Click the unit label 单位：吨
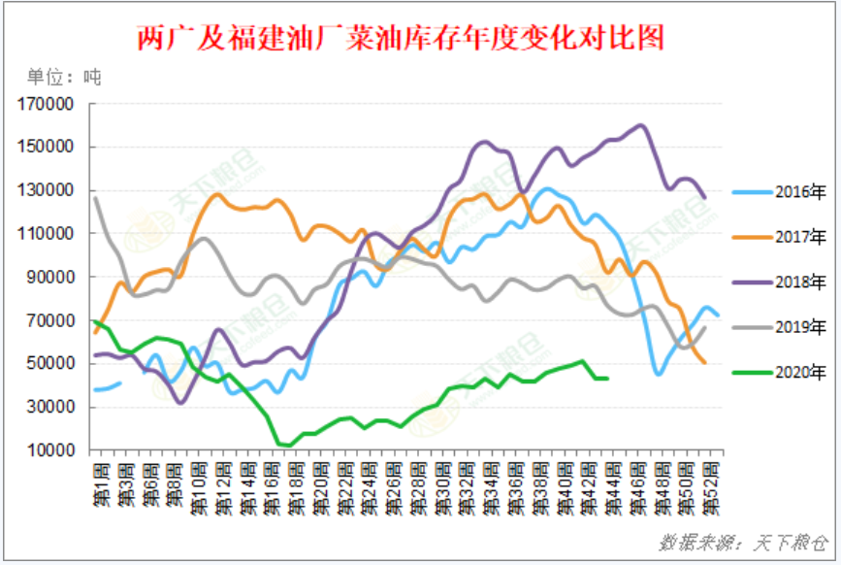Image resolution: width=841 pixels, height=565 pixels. (63, 76)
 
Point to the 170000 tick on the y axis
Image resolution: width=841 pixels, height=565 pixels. (47, 105)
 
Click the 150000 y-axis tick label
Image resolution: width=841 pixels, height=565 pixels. (47, 148)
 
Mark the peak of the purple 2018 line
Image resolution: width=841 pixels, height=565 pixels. (640, 125)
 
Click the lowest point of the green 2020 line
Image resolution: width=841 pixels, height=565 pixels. (287, 445)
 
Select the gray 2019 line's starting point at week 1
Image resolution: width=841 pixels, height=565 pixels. (95, 198)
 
